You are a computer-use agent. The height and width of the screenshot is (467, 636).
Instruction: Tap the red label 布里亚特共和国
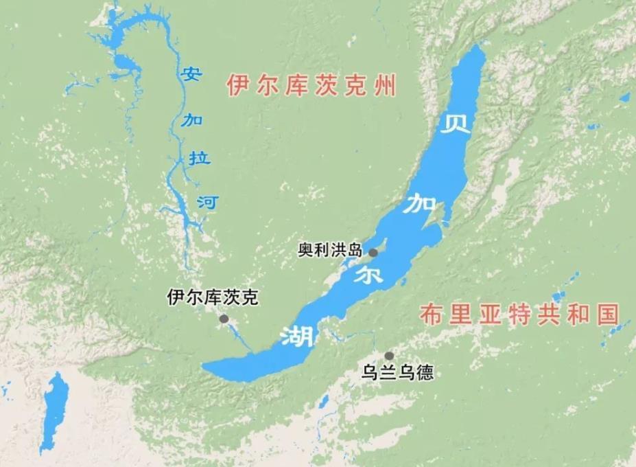(519, 315)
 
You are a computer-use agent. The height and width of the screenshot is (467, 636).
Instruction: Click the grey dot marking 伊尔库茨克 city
(224, 319)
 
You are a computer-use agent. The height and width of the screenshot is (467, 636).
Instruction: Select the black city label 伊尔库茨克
(214, 298)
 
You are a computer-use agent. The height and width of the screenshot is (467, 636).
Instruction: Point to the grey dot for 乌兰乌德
(389, 356)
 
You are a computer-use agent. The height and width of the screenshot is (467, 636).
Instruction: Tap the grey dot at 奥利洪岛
(373, 253)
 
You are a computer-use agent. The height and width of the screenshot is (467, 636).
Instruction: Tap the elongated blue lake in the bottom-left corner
(54, 410)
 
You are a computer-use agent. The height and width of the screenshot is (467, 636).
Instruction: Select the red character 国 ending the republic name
(606, 315)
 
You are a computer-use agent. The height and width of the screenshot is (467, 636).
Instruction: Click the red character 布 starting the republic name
(430, 315)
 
